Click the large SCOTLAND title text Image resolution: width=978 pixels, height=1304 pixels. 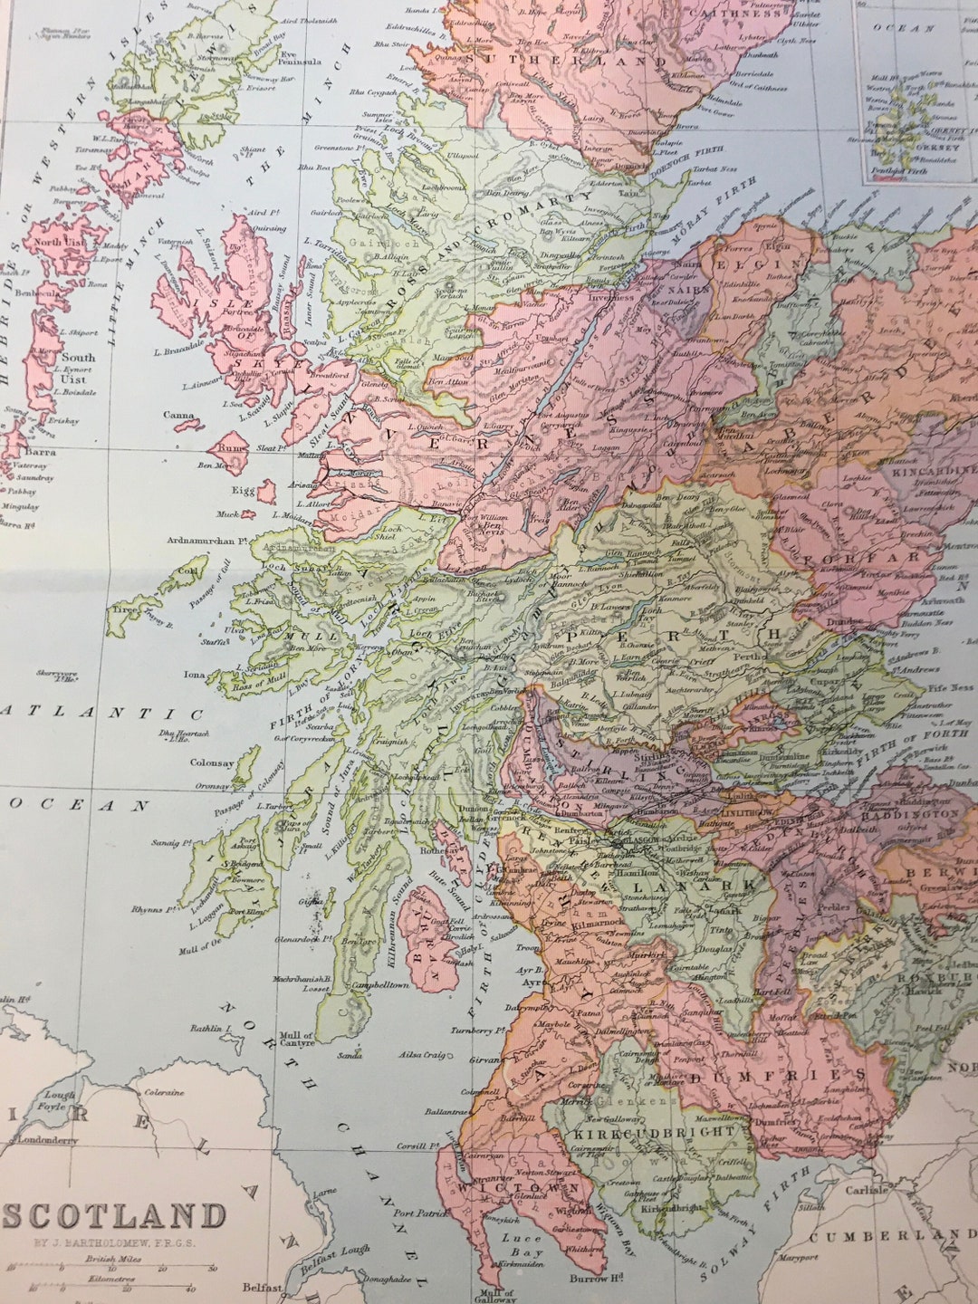tap(112, 1215)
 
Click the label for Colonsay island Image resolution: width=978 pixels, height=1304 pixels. tap(212, 762)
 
